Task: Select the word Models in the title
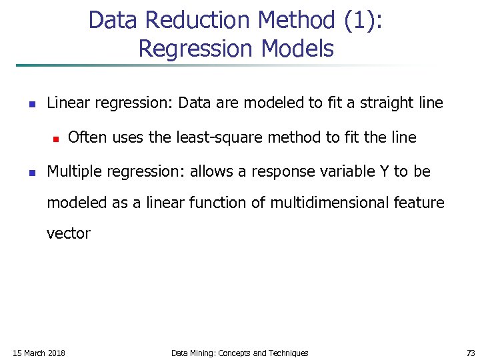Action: [298, 49]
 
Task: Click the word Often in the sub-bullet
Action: [88, 137]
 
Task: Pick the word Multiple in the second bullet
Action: [71, 171]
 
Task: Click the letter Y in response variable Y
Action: [384, 171]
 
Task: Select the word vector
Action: [68, 233]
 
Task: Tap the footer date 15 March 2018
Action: [39, 353]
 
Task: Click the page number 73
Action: [471, 353]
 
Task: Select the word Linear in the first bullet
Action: [69, 103]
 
